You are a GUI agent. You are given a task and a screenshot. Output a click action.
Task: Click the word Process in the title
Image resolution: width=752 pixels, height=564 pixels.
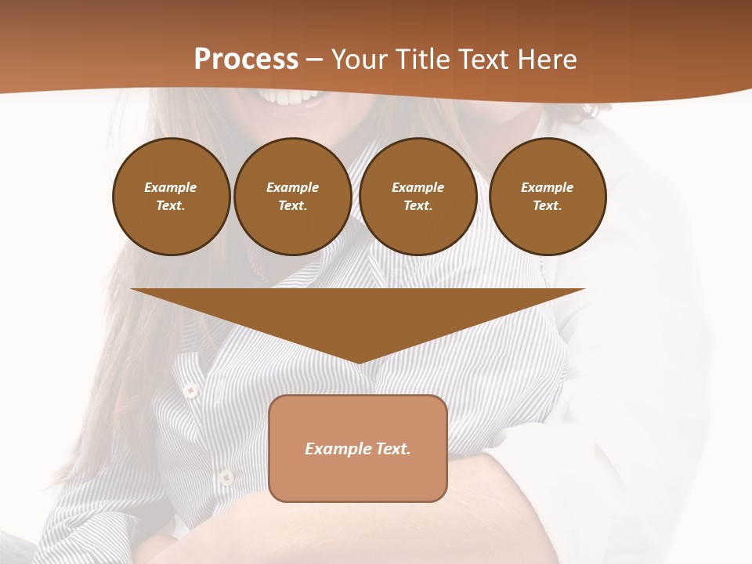point(246,60)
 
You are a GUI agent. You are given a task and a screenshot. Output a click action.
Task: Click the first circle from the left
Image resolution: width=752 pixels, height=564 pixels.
point(171,197)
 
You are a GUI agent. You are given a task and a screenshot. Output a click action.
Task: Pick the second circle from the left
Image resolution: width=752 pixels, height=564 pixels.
point(292,197)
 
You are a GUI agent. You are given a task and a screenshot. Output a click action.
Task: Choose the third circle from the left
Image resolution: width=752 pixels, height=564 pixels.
point(418,197)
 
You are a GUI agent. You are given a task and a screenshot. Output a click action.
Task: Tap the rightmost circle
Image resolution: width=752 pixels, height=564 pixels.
point(548,197)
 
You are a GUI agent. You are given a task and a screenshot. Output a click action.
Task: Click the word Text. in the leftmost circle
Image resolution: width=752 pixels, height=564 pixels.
point(171,206)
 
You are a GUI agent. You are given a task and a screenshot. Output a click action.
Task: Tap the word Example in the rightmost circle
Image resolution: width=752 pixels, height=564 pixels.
point(548,187)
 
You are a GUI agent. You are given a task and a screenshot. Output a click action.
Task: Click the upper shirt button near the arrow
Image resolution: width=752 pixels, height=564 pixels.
point(189,389)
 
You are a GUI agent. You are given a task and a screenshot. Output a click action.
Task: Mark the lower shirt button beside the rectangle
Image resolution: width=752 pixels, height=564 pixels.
point(226,475)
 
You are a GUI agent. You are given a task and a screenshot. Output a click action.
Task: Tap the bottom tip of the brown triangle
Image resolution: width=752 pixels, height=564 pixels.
point(359,361)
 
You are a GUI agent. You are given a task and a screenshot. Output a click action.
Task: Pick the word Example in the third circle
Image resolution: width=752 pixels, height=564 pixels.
point(418,187)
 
